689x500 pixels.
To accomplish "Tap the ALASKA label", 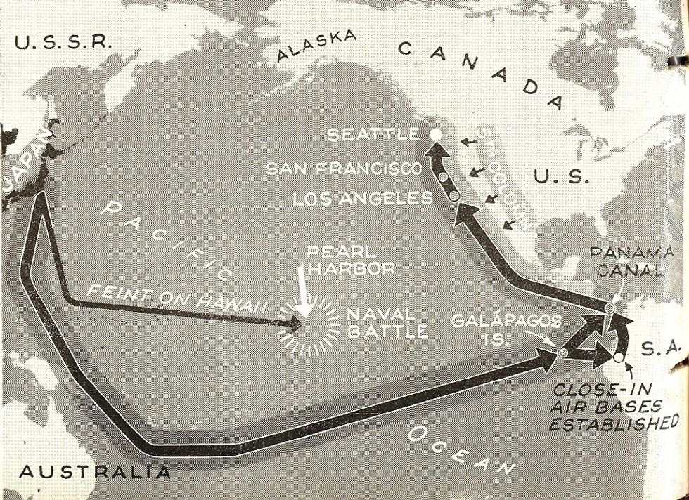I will point(316,46).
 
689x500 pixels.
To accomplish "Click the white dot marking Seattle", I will point(436,133).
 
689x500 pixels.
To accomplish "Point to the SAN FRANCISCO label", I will point(344,169).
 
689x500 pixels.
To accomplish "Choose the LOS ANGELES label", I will point(362,199).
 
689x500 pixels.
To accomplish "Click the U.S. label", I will point(560,176).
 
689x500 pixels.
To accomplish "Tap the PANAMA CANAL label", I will point(626,262).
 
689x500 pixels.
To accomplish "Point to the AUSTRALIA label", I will point(95,471).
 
